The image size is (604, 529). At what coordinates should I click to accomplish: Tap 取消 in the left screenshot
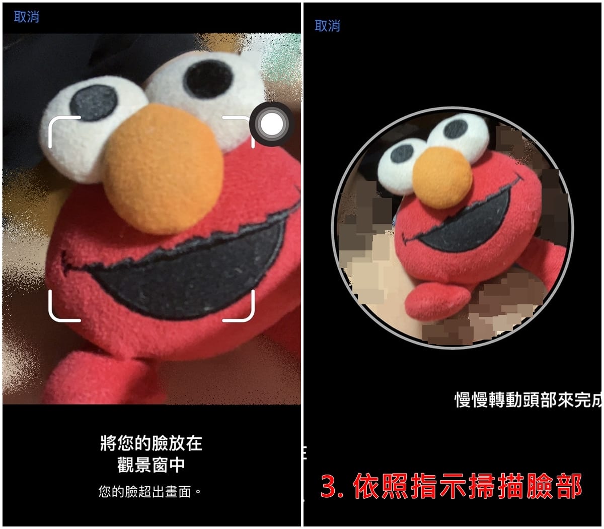pos(26,17)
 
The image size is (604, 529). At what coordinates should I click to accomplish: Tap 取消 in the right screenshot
pos(327,26)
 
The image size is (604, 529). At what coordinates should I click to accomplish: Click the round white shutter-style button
pos(272,124)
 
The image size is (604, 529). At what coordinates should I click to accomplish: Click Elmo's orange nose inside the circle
pos(442,177)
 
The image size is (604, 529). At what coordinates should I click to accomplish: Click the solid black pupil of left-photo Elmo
pos(208,79)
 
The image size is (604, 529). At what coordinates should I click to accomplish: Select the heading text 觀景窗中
pos(151,465)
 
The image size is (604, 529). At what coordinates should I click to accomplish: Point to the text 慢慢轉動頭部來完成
pos(528,400)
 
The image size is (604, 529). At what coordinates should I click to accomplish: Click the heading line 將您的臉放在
pos(151,443)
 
